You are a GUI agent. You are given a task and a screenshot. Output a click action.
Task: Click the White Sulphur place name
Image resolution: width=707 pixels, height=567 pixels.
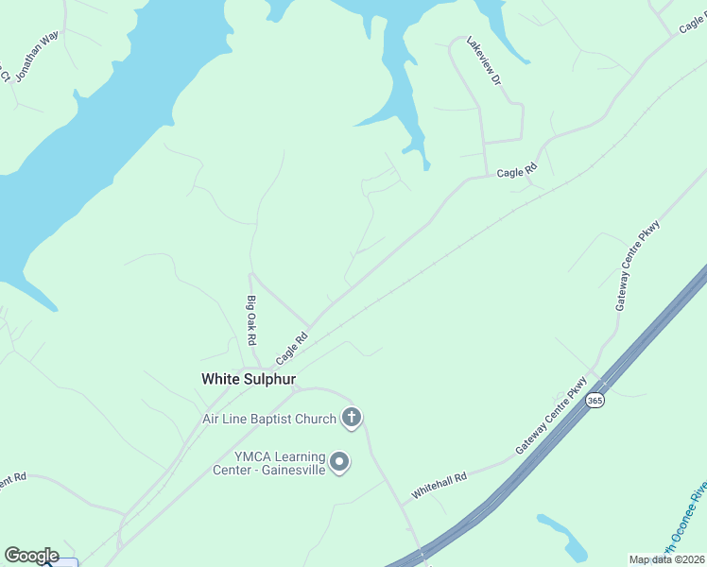(x=249, y=379)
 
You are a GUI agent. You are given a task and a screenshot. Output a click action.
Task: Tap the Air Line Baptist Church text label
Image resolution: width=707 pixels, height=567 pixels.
(x=269, y=419)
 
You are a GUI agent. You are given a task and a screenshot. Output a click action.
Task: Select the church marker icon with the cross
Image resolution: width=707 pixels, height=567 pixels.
(x=352, y=418)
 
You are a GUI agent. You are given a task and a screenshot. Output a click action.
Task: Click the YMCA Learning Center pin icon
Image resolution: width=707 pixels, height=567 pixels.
(x=340, y=462)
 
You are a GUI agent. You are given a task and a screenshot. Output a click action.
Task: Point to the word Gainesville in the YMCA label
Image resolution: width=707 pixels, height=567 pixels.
(x=290, y=470)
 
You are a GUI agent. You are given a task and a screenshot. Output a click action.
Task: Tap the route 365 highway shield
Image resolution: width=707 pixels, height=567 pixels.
(x=595, y=401)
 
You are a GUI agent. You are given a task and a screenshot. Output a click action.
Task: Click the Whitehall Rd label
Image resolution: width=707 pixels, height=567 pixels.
(x=439, y=487)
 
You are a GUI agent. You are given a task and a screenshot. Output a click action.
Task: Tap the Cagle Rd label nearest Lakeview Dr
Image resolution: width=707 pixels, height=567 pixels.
(x=516, y=172)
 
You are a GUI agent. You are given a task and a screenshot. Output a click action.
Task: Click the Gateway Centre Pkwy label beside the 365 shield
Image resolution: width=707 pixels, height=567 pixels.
(x=551, y=417)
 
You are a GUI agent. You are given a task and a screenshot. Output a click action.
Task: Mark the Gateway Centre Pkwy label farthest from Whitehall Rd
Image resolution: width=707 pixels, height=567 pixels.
(x=637, y=264)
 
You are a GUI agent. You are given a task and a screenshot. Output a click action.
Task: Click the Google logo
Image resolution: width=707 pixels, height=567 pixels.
(x=31, y=556)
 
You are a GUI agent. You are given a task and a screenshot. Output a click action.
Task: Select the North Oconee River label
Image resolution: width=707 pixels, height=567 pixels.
(x=684, y=519)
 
